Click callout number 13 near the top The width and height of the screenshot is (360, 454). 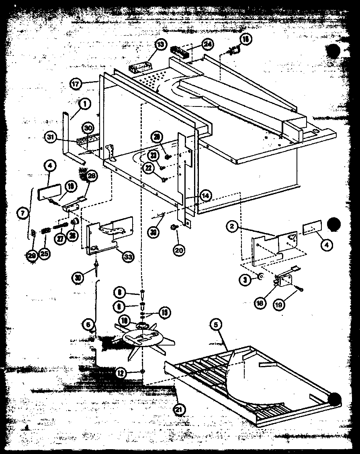[160, 45]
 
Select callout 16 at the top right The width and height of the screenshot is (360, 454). [246, 39]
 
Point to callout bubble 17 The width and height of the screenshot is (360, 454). [76, 84]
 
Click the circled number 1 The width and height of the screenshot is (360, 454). [84, 104]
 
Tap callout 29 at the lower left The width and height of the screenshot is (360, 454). [32, 256]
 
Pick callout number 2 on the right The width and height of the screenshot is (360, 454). [232, 227]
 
